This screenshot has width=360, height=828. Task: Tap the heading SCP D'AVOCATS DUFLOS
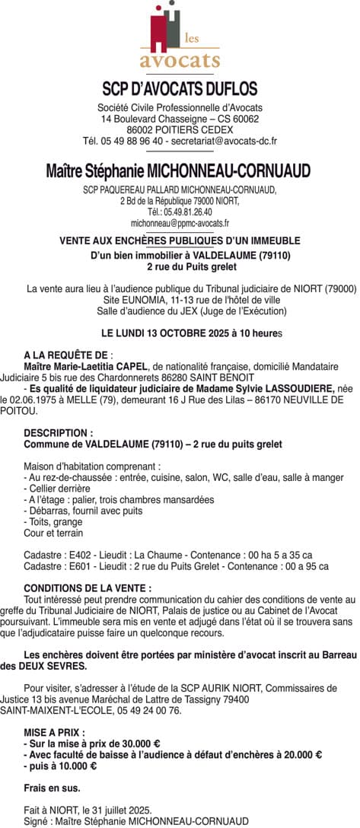coord(180,89)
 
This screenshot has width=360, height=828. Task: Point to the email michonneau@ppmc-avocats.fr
coord(180,224)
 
